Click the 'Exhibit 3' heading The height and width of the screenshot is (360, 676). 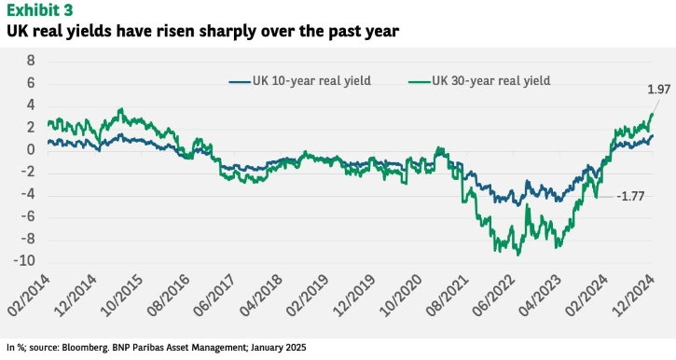pos(39,9)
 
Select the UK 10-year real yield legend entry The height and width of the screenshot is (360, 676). pos(300,80)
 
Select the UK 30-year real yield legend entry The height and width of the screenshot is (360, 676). pos(479,80)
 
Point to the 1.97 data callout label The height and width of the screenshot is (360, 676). pos(659,90)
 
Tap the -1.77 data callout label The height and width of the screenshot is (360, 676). pos(630,196)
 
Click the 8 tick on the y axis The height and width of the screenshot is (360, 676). pos(31,61)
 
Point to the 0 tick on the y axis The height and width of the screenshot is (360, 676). pos(31,150)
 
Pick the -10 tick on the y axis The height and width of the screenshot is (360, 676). pos(24,261)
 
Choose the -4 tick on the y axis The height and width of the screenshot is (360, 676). pos(27,194)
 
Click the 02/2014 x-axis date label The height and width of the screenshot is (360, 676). pos(29,296)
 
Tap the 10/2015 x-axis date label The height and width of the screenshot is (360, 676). pos(121,296)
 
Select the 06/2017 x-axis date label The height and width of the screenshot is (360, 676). pos(214,296)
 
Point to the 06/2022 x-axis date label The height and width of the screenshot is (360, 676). pos(494,296)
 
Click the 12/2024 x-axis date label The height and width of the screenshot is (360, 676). pos(634,296)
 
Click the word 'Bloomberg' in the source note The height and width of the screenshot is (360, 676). pos(84,348)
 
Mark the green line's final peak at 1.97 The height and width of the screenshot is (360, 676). pos(653,114)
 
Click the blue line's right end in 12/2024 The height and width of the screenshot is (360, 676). pos(653,136)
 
